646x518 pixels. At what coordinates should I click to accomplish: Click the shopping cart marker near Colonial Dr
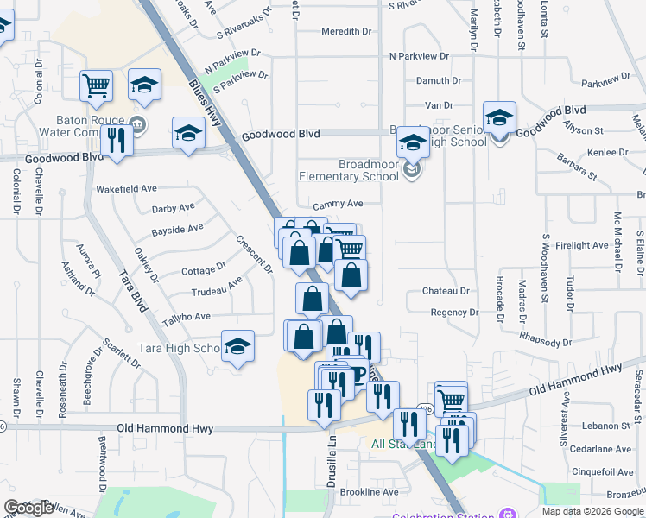pyautogui.click(x=97, y=85)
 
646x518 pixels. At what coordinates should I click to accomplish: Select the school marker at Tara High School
pyautogui.click(x=237, y=346)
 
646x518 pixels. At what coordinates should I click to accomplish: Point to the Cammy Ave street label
pyautogui.click(x=338, y=205)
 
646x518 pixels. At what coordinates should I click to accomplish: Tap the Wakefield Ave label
pyautogui.click(x=126, y=188)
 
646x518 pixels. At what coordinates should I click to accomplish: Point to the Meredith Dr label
pyautogui.click(x=345, y=31)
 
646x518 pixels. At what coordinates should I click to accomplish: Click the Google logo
pyautogui.click(x=28, y=509)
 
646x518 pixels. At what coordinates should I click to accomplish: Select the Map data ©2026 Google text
pyautogui.click(x=593, y=511)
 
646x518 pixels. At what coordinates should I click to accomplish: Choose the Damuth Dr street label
pyautogui.click(x=439, y=80)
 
